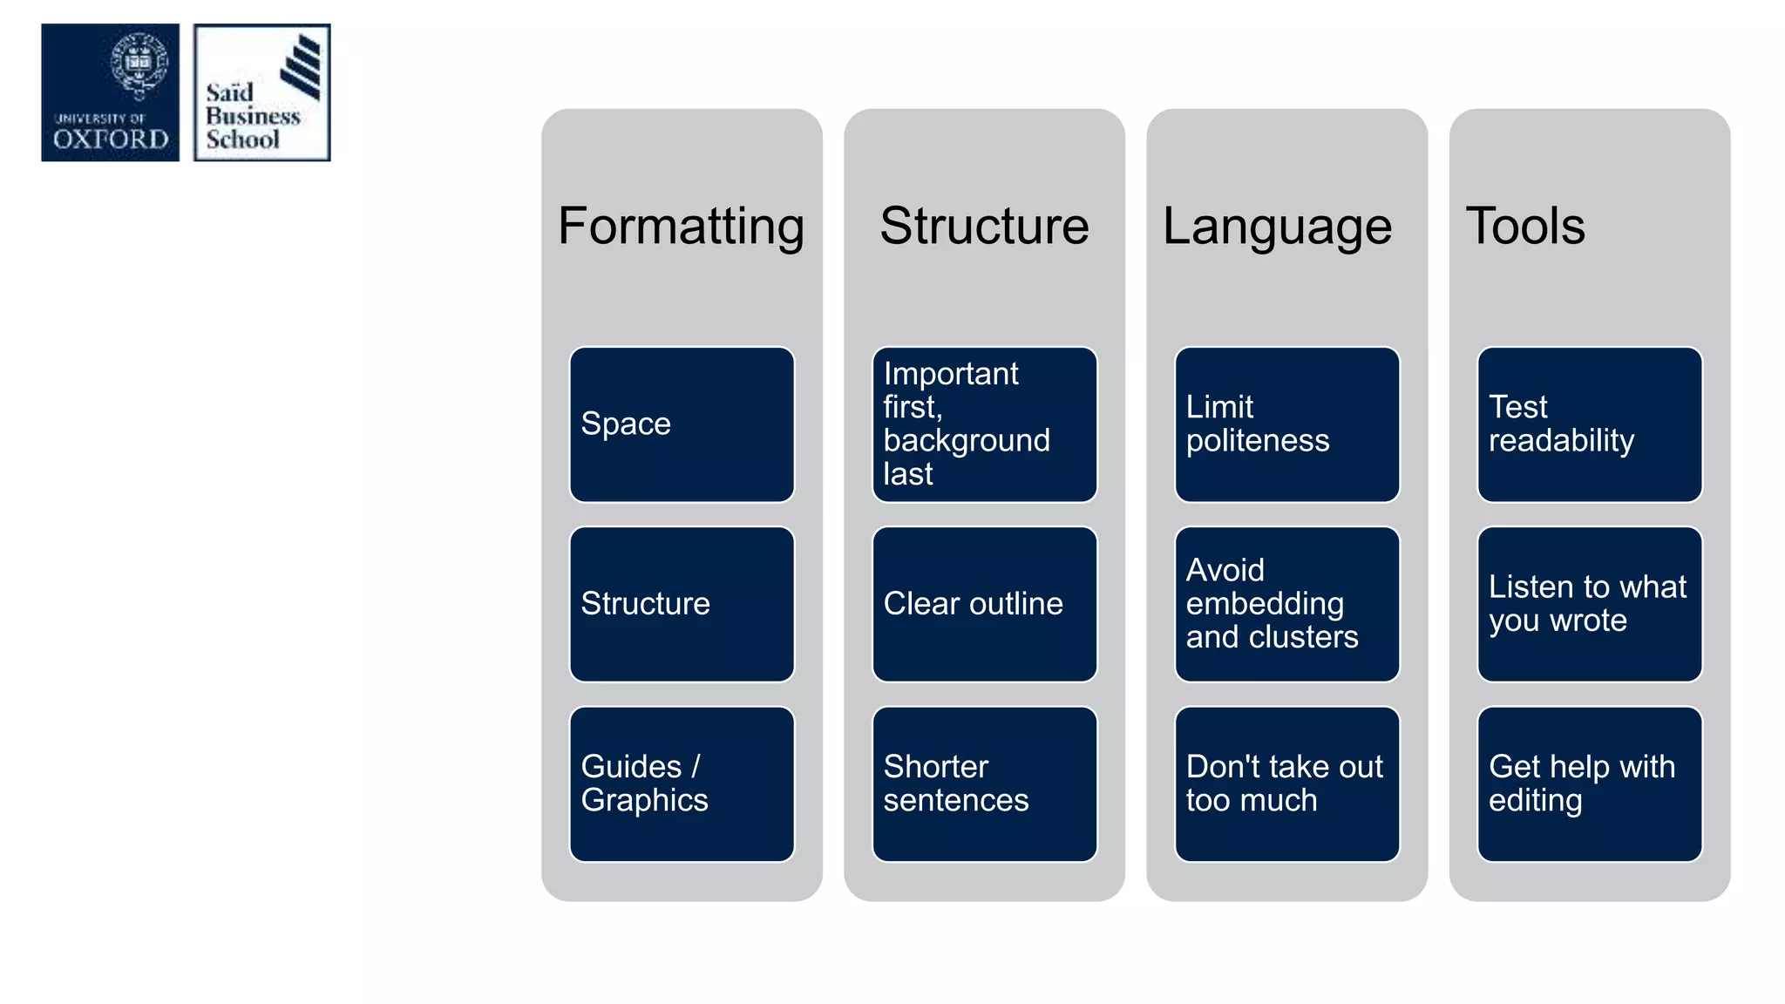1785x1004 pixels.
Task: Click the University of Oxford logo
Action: tap(111, 92)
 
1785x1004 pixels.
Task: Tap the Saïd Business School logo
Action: tap(261, 92)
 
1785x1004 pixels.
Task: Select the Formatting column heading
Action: tap(681, 226)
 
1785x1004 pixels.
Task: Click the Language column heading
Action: tap(1277, 226)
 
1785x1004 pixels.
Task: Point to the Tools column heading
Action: tap(1525, 226)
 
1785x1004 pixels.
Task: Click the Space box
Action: tap(682, 424)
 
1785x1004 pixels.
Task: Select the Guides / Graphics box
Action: tap(682, 784)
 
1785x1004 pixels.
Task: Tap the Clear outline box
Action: tap(984, 604)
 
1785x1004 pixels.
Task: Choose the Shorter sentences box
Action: tap(984, 784)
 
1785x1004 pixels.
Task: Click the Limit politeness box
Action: tap(1286, 424)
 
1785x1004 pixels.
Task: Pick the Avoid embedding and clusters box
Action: tap(1286, 604)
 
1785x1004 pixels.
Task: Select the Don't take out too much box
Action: tap(1286, 784)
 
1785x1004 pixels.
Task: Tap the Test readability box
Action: tap(1589, 424)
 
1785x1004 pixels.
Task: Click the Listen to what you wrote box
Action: tap(1589, 604)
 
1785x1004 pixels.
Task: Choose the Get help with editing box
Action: tap(1589, 784)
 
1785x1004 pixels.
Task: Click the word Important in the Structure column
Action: tap(951, 374)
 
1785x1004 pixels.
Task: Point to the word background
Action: tap(967, 441)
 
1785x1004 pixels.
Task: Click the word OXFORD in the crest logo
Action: tap(111, 139)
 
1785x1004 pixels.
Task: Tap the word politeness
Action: tap(1258, 441)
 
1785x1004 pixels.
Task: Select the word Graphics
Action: tap(644, 800)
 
